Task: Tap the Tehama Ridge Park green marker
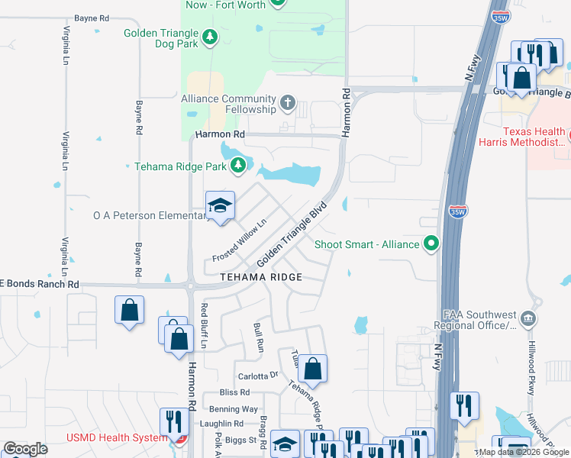(x=239, y=165)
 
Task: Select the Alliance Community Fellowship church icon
(x=288, y=102)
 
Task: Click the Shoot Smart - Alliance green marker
(x=432, y=244)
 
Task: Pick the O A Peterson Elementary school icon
(x=220, y=205)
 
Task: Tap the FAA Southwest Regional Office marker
(x=527, y=317)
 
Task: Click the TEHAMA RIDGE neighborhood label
(x=261, y=277)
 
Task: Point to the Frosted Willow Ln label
(x=239, y=240)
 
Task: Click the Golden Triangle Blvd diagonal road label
(x=292, y=234)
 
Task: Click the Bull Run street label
(x=258, y=337)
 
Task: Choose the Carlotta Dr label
(x=259, y=376)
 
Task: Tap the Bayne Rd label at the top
(x=92, y=17)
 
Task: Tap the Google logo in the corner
(x=25, y=449)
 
